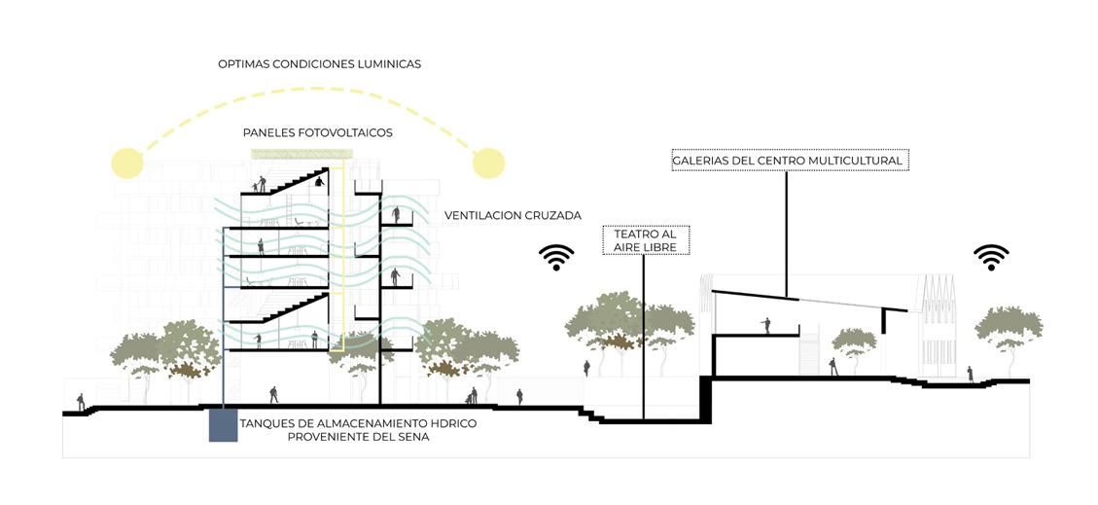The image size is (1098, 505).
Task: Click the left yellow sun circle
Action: tap(126, 162)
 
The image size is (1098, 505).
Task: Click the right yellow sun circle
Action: tap(488, 162)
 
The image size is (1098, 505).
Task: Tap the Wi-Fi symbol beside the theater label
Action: tap(556, 257)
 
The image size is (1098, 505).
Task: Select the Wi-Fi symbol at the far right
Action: tap(991, 257)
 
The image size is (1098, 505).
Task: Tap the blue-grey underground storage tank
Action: tap(223, 425)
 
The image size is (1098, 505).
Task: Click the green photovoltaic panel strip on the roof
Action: tap(289, 154)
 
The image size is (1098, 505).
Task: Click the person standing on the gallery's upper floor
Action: tap(766, 325)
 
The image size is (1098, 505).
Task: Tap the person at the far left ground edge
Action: tap(81, 401)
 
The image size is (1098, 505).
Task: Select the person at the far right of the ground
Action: tap(969, 374)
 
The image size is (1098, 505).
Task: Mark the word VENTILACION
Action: tap(480, 215)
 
